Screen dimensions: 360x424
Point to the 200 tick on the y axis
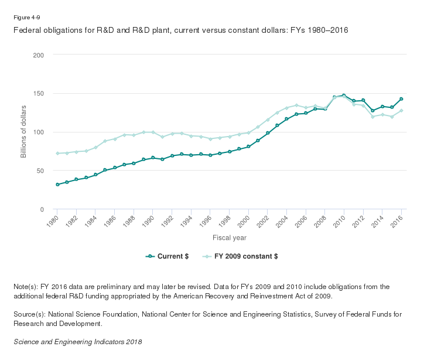click(39, 55)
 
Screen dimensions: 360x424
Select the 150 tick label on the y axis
click(39, 94)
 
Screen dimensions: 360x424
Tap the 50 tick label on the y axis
click(40, 171)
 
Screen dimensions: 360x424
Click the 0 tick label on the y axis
click(42, 209)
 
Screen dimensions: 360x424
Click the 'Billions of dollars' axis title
click(24, 132)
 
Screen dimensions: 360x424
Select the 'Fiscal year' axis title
click(230, 238)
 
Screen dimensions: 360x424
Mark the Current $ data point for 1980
click(57, 185)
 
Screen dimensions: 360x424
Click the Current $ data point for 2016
click(401, 99)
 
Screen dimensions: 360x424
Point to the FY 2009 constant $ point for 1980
click(57, 154)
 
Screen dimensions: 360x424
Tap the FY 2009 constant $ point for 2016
click(401, 111)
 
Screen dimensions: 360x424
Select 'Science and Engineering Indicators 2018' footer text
click(77, 341)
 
